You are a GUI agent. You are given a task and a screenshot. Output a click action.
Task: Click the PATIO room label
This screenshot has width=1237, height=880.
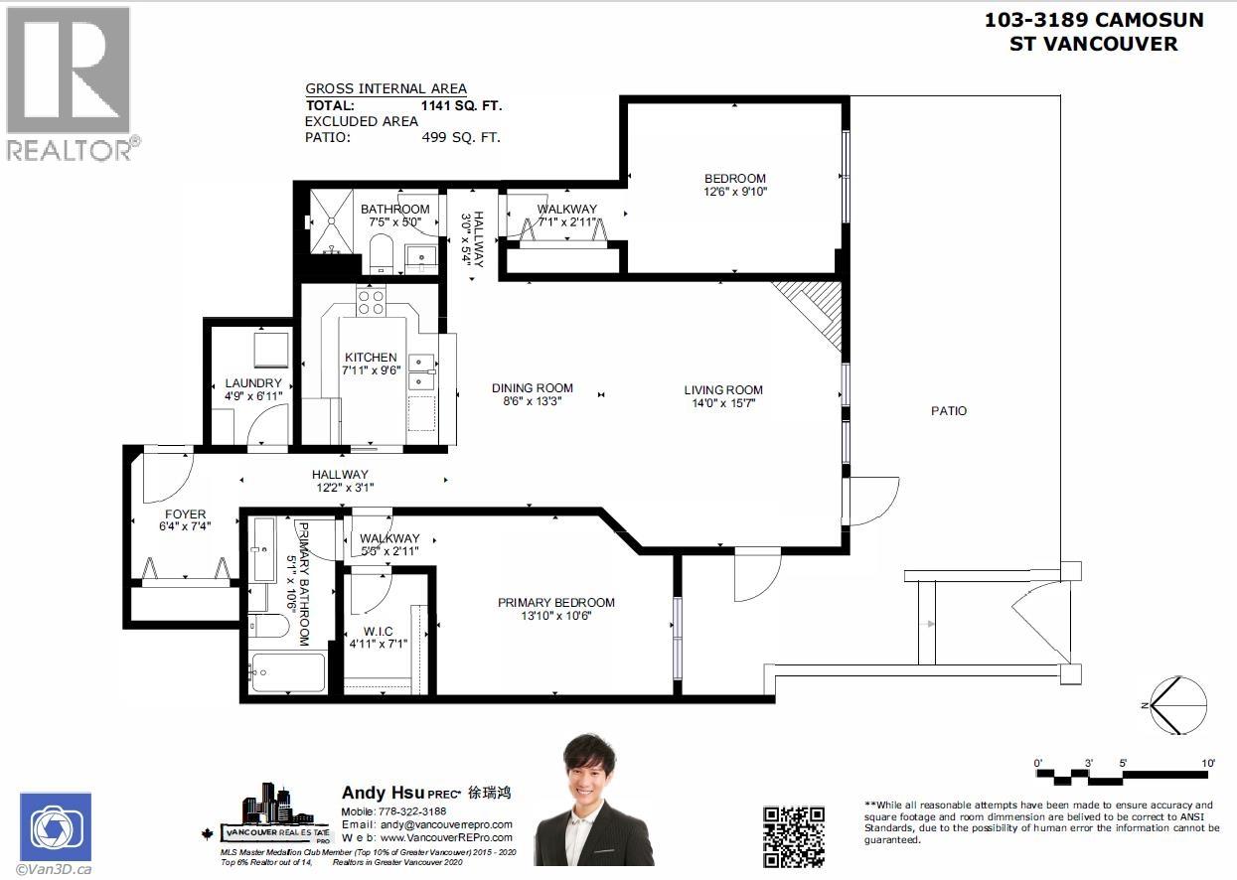[x=949, y=410]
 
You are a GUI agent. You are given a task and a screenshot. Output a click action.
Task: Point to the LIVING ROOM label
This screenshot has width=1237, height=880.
[x=722, y=390]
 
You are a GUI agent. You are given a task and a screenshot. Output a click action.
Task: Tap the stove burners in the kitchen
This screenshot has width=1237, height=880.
[x=372, y=302]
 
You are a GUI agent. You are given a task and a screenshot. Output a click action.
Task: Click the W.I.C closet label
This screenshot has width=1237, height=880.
[x=378, y=632]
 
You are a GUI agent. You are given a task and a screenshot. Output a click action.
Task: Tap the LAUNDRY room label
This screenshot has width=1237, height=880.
[x=253, y=383]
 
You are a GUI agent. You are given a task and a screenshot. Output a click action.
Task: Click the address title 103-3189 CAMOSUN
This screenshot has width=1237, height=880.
[x=1093, y=20]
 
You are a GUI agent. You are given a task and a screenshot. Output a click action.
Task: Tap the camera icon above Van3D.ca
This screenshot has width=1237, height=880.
[x=55, y=826]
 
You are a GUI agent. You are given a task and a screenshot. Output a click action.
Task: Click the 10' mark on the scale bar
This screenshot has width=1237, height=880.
[x=1208, y=763]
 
